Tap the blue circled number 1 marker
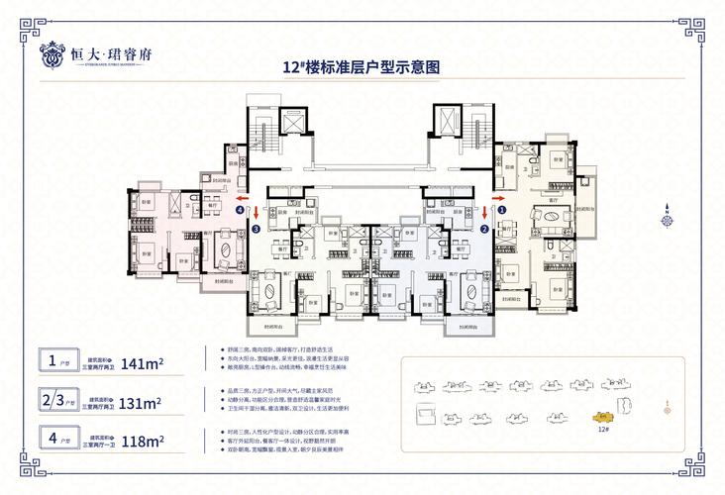[x=501, y=210]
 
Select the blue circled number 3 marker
[x=256, y=230]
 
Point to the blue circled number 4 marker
[x=240, y=210]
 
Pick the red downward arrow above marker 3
[x=256, y=211]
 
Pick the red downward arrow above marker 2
[x=484, y=211]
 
